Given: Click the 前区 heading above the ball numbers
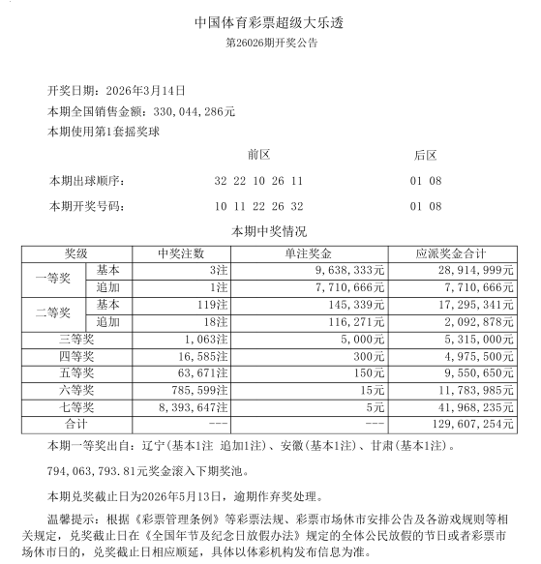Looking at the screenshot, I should pos(258,155).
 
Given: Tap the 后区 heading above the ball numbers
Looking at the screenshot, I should pos(425,155).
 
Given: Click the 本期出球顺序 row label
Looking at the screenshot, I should pos(88,181).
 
